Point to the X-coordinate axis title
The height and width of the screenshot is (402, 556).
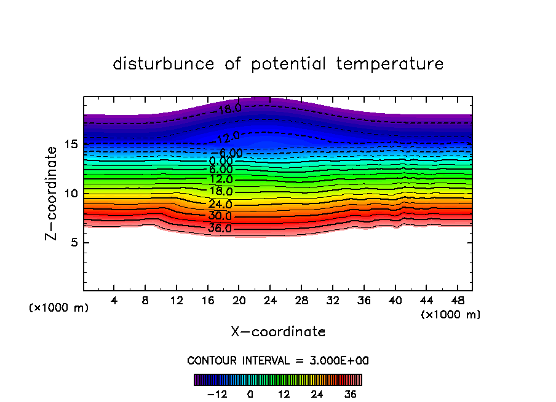(278, 332)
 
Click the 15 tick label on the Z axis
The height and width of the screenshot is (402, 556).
(71, 144)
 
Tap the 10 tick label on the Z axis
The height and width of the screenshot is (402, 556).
(71, 194)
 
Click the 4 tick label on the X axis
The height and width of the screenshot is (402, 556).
(114, 301)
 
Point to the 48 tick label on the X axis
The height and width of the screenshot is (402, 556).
(457, 301)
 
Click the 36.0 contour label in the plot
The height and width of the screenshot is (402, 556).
(220, 229)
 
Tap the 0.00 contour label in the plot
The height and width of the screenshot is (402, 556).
(221, 161)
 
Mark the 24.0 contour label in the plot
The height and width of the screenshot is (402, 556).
(220, 204)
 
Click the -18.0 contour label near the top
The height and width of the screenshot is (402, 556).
(229, 109)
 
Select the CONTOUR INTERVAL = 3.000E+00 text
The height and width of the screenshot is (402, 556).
(278, 361)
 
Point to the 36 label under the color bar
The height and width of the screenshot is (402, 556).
(351, 394)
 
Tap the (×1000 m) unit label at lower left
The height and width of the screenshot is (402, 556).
(59, 308)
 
